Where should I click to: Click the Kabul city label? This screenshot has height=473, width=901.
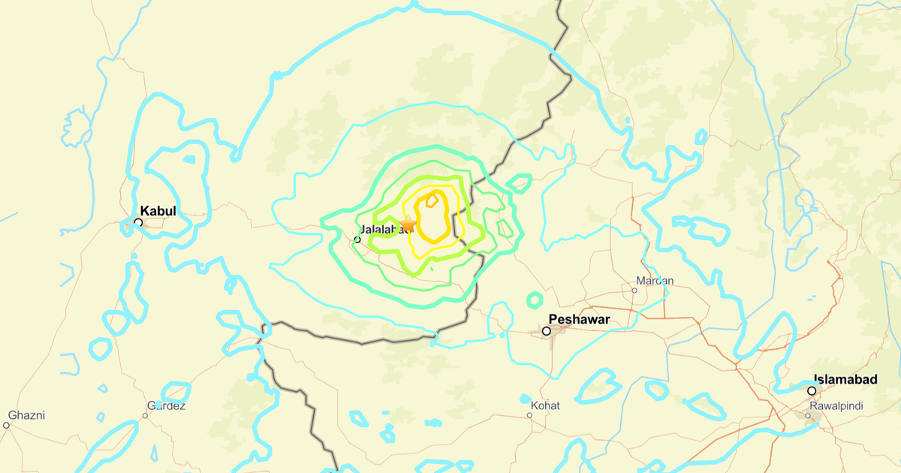(x=158, y=212)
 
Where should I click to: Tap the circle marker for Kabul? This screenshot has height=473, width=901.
(x=138, y=222)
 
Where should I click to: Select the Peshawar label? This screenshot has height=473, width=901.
(x=579, y=319)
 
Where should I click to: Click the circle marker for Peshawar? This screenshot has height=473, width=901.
(x=547, y=331)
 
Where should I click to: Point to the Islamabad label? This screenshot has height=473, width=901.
(x=845, y=380)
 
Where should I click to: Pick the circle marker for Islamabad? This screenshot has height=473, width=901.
(x=812, y=391)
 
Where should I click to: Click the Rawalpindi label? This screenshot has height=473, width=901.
(x=836, y=406)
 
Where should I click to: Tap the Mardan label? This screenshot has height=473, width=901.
(x=655, y=281)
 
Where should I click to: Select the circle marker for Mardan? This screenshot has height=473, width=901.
(x=635, y=290)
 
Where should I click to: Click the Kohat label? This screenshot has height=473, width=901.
(x=545, y=406)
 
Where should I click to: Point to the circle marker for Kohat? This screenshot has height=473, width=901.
(x=526, y=399)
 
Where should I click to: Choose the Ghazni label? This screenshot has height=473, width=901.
(x=27, y=415)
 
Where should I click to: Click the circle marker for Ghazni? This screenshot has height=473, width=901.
(x=7, y=425)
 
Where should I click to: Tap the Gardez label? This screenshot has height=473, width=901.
(x=165, y=406)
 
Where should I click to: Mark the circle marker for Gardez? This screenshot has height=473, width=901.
(x=146, y=414)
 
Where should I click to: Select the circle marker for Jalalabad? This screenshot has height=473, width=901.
(x=357, y=240)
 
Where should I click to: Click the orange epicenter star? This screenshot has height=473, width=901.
(x=408, y=224)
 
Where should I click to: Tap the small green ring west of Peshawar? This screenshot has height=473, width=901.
(x=535, y=300)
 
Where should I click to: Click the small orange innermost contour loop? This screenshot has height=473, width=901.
(x=432, y=200)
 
